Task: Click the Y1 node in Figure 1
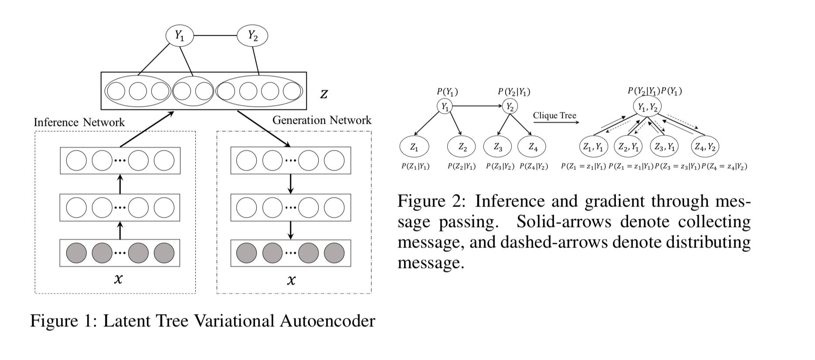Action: (x=180, y=36)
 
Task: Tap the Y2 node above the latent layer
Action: (x=252, y=36)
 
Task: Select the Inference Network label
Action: (x=79, y=122)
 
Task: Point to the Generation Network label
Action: (x=322, y=120)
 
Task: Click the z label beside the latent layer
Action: (x=324, y=94)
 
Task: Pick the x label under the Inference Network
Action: (x=118, y=279)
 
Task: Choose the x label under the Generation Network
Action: (x=291, y=280)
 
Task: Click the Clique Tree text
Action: (x=554, y=115)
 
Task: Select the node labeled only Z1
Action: (x=414, y=147)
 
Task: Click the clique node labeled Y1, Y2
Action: (x=647, y=107)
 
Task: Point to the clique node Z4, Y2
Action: (x=705, y=147)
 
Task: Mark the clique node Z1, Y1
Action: (x=593, y=147)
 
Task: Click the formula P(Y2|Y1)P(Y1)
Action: (x=655, y=91)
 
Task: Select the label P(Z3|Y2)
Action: (x=500, y=166)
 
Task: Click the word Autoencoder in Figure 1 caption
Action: (x=327, y=321)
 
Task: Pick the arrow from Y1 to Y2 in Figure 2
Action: (x=477, y=106)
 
